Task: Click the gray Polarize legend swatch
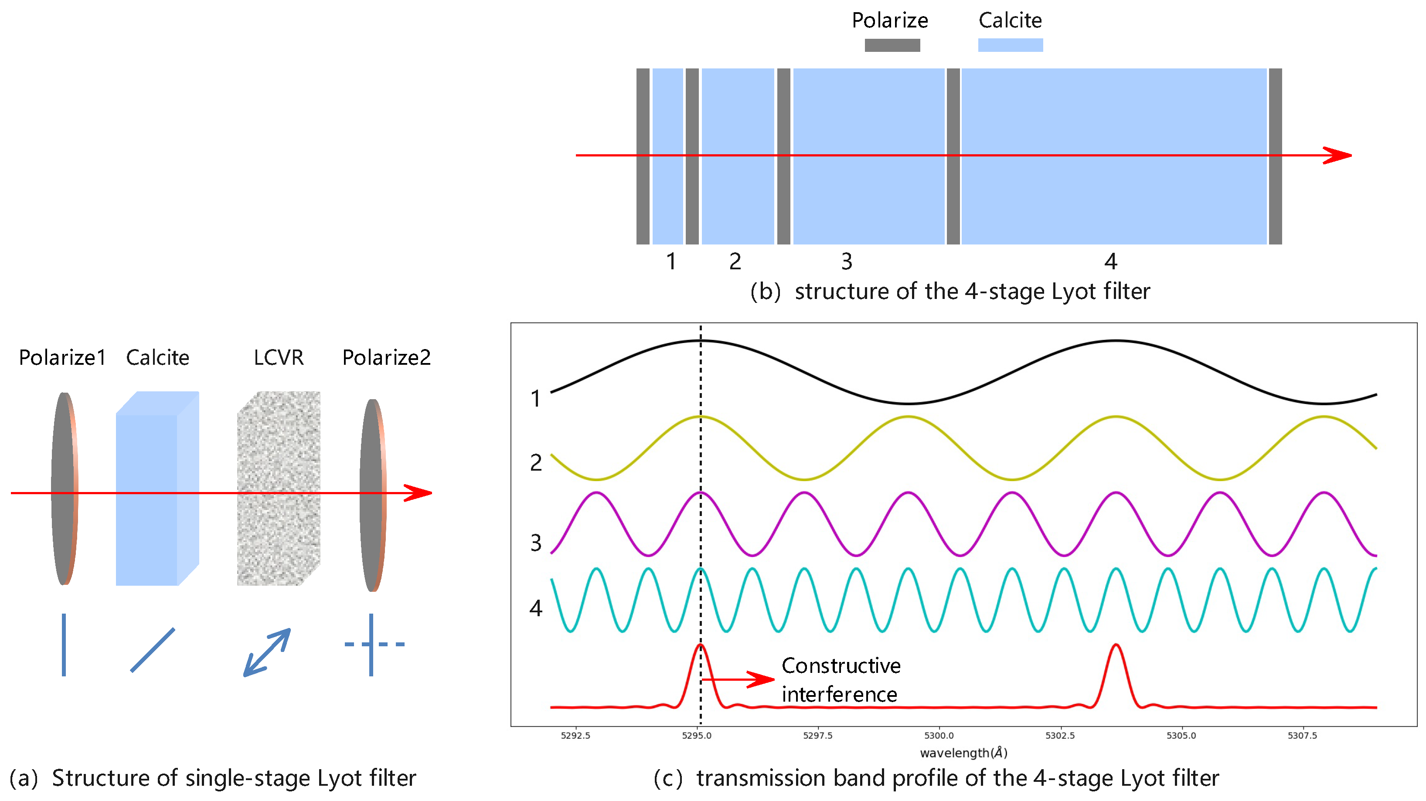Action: pos(892,45)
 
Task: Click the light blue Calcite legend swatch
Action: pos(1010,45)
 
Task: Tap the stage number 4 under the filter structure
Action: pos(1110,261)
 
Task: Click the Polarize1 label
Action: pos(62,358)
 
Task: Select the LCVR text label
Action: pos(279,358)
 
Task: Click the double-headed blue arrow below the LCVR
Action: pos(267,652)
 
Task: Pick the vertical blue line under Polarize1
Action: pos(64,645)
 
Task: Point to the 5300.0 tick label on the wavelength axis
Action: pos(939,735)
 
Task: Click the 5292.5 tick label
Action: pos(575,735)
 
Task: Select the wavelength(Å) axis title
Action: pos(963,752)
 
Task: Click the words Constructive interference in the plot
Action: pos(841,680)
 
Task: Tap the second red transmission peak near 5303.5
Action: pos(1116,653)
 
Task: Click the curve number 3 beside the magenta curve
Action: pos(535,543)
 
